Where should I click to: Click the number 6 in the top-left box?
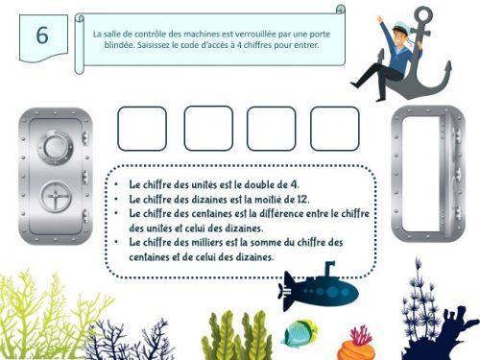pyautogui.click(x=41, y=36)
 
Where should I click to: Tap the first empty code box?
pyautogui.click(x=142, y=129)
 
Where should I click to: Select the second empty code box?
pyautogui.click(x=207, y=129)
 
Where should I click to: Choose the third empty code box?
pyautogui.click(x=272, y=129)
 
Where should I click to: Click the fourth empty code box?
pyautogui.click(x=335, y=129)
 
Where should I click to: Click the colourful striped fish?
pyautogui.click(x=300, y=334)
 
